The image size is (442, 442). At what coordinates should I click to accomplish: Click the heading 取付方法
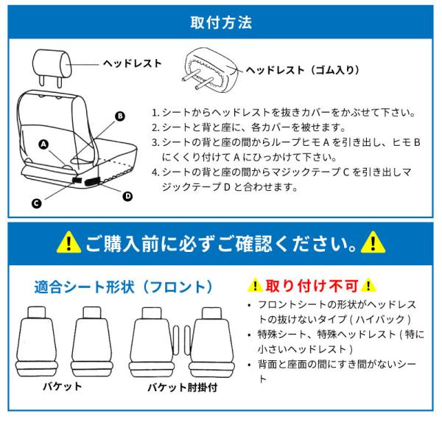[221, 23]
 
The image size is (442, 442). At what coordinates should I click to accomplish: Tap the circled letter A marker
[43, 144]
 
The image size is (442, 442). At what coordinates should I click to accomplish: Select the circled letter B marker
[120, 116]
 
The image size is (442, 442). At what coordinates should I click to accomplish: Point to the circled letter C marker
[36, 203]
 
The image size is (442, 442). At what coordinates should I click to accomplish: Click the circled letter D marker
[127, 196]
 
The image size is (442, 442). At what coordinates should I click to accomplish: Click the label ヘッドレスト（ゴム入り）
[303, 70]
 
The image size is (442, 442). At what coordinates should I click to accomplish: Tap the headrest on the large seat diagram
[50, 67]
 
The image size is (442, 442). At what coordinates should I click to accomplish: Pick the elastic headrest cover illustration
[211, 70]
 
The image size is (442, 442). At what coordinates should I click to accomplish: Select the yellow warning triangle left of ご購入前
[69, 242]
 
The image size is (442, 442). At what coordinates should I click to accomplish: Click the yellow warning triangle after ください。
[373, 242]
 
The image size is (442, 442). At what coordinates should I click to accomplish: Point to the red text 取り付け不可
[312, 286]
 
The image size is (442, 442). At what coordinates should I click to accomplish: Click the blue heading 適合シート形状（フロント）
[123, 287]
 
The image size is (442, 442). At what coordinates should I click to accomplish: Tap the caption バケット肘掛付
[183, 387]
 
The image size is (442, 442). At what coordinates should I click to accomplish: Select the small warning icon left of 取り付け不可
[255, 285]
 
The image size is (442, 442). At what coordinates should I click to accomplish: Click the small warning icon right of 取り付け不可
[368, 285]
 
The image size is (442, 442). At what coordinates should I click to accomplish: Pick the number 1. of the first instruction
[155, 113]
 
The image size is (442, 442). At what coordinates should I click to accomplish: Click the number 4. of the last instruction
[155, 172]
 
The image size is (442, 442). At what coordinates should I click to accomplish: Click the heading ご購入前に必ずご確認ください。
[221, 243]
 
